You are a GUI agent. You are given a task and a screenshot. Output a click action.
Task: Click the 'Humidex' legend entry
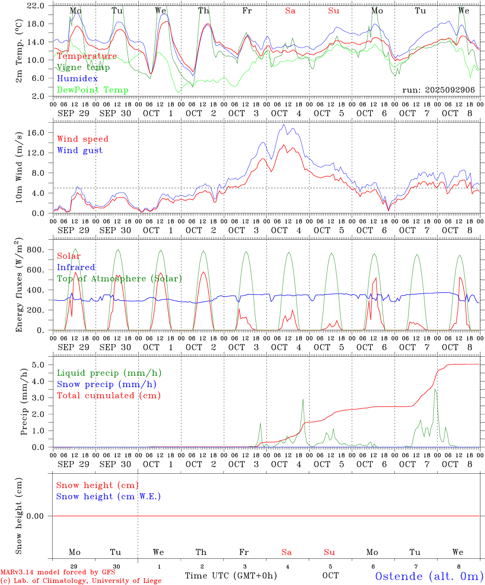tap(77, 79)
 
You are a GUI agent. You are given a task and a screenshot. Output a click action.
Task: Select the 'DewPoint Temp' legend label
tap(93, 90)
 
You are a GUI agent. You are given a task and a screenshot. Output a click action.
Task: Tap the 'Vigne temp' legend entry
tap(83, 67)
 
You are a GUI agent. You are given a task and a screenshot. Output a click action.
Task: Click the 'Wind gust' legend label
tap(80, 150)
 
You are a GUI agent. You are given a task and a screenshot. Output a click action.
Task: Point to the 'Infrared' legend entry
tap(76, 267)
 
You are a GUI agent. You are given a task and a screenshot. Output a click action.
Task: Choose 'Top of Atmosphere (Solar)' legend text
tap(119, 279)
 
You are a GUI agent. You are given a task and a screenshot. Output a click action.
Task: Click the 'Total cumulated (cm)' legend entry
tap(109, 396)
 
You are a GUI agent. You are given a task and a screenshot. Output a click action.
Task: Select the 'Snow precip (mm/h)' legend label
tap(106, 384)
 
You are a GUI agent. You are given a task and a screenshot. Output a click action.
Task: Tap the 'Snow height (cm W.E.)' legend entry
tap(108, 496)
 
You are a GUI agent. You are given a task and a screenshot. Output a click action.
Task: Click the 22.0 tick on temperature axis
tap(36, 6)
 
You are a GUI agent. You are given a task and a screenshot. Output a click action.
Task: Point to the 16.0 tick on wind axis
tap(36, 133)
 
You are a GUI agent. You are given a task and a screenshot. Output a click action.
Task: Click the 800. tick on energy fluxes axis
tap(35, 250)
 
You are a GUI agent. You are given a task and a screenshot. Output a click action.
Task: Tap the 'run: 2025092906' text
tap(438, 90)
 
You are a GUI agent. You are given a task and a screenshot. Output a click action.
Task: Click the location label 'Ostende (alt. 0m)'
tap(429, 576)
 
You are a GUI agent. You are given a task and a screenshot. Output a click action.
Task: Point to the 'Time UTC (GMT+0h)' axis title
tap(231, 576)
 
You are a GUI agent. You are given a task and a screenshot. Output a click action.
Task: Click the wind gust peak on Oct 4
tap(283, 125)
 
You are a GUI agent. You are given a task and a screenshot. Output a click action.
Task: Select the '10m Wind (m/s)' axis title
tap(19, 167)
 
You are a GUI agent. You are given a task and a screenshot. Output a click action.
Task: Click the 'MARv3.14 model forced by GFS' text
tap(58, 572)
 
